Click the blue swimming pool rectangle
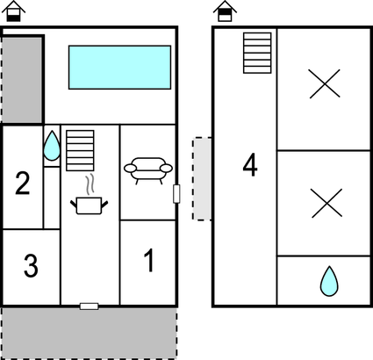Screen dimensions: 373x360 click(119, 68)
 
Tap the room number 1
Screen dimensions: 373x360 click(149, 260)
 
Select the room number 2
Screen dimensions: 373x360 click(23, 184)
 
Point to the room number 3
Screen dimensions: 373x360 click(31, 266)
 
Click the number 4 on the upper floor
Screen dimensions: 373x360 click(250, 165)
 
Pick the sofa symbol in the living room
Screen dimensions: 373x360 click(148, 170)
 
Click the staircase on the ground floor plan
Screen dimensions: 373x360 click(80, 150)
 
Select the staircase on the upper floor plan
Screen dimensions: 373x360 click(257, 53)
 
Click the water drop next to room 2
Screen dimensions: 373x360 click(52, 146)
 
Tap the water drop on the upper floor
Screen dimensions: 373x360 click(329, 281)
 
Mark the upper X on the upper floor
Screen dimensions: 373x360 click(325, 83)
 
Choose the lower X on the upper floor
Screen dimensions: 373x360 click(326, 203)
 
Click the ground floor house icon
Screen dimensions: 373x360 click(13, 11)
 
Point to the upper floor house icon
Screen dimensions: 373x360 click(225, 11)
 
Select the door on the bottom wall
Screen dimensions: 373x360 click(90, 306)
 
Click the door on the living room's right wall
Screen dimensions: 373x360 click(176, 194)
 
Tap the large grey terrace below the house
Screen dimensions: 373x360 click(90, 333)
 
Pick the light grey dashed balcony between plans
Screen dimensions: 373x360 click(202, 178)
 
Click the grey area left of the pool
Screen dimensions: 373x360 click(22, 80)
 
